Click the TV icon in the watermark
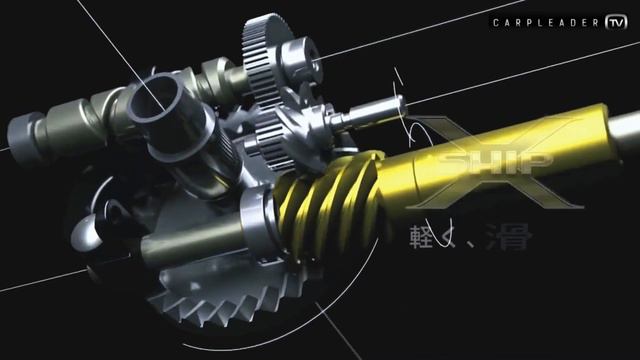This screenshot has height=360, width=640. pyautogui.click(x=616, y=21)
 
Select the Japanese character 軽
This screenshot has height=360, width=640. pyautogui.click(x=421, y=237)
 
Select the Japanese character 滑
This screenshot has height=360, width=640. pyautogui.click(x=515, y=237)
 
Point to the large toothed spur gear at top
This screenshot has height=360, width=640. pyautogui.click(x=270, y=50)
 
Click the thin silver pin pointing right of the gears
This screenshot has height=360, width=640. pyautogui.click(x=370, y=118)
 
